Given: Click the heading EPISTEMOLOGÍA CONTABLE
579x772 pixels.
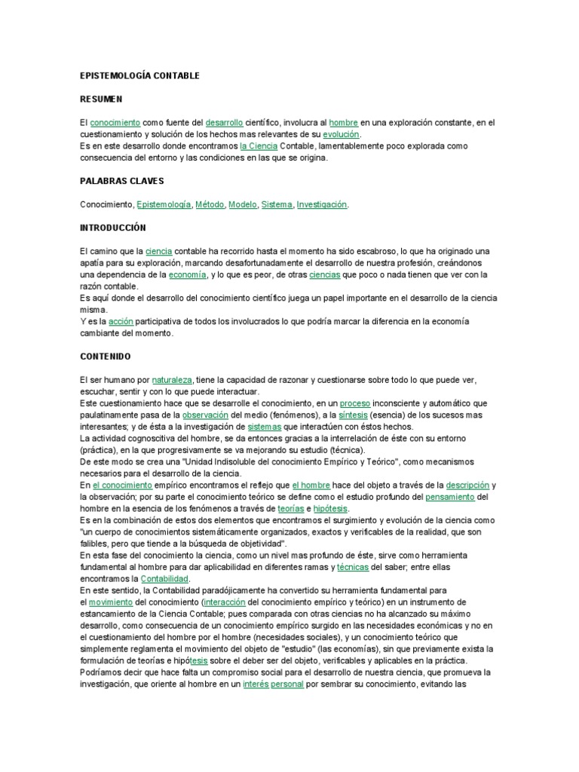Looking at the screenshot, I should (139, 77).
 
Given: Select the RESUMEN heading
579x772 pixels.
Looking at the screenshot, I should (101, 100).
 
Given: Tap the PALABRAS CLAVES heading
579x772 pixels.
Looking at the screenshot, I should (121, 182).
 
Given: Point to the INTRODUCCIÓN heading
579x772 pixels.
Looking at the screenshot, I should (112, 228).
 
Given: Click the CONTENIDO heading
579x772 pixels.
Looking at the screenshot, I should (106, 356).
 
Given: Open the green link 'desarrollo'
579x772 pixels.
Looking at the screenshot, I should (224, 123).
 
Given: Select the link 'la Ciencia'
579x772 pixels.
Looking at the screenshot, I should (259, 146).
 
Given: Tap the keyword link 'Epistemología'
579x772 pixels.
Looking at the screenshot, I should (164, 204).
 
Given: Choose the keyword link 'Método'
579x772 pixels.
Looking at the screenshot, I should (210, 204).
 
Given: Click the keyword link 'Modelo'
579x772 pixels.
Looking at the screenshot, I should (243, 204).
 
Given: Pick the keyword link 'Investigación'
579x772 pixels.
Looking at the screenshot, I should (322, 204).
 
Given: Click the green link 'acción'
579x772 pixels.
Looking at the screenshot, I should (121, 321).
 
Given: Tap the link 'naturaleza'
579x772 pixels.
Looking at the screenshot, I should (172, 379).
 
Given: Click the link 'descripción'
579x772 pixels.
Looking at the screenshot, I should (467, 485).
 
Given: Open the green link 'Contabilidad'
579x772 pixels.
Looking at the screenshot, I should (165, 578).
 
